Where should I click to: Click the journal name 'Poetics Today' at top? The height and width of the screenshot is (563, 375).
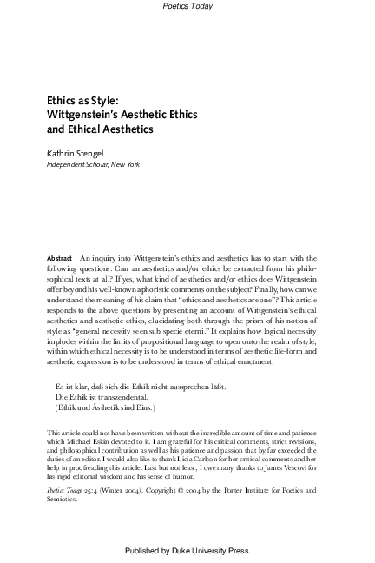tap(187, 6)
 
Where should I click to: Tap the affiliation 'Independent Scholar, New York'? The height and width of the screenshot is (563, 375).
tap(93, 164)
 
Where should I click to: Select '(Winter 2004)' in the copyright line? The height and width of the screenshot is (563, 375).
tap(125, 490)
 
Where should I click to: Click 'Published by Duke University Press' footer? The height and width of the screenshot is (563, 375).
tap(187, 551)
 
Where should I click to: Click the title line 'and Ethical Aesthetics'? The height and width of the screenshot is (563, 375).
tap(99, 129)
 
